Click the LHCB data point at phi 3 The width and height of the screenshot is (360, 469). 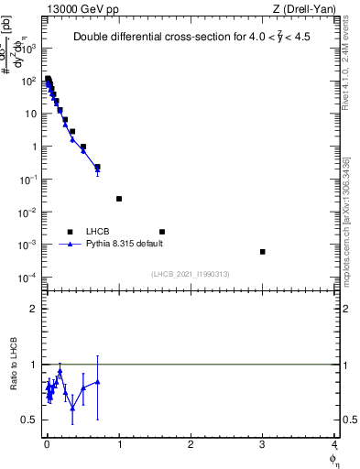tap(263, 252)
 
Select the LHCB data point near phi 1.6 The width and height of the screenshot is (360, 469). tap(162, 232)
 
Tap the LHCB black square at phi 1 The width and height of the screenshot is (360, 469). tap(119, 199)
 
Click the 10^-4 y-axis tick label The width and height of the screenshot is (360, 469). tap(30, 278)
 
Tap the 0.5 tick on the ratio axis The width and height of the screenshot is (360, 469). tap(32, 420)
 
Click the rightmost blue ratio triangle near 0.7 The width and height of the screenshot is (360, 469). tap(97, 381)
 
